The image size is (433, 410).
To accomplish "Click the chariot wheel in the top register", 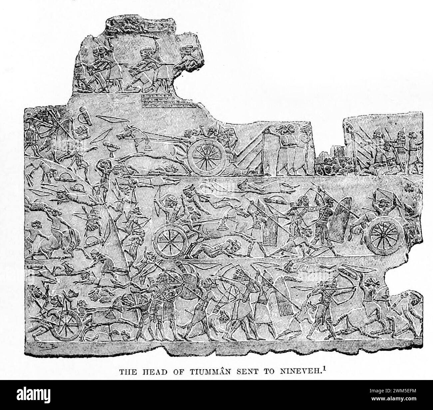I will [x=207, y=157].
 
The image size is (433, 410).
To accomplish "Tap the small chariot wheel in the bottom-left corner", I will [x=69, y=320].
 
